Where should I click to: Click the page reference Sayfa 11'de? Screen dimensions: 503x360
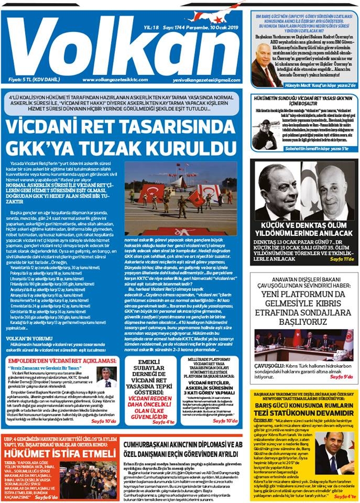[340, 258]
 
